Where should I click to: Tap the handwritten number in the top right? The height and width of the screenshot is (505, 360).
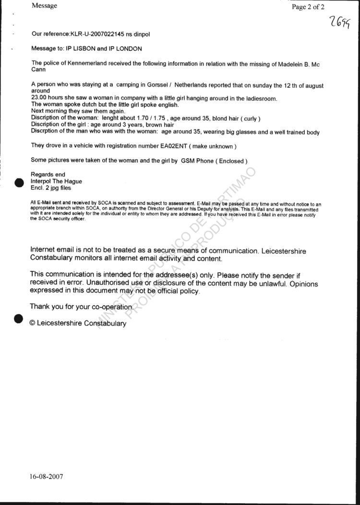pos(338,23)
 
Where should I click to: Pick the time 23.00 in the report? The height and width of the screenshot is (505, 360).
pos(39,98)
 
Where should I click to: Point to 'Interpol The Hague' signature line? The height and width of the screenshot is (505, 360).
pos(56,181)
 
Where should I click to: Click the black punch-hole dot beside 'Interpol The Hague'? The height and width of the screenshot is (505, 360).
pos(19,182)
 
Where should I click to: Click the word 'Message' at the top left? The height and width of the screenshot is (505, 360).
pos(44,6)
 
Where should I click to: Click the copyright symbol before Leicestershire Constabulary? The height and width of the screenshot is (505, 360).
pos(33,323)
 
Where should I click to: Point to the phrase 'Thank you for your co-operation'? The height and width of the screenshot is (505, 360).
pos(81,306)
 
